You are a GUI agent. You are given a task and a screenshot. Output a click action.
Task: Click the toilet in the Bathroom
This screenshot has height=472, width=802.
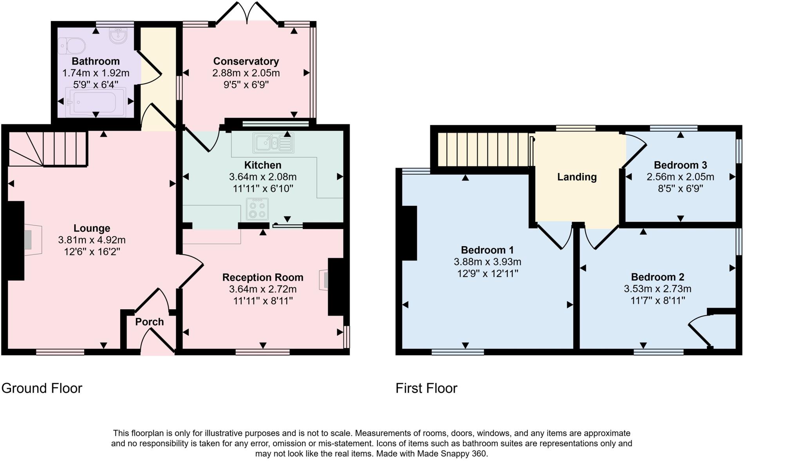coord(72,46)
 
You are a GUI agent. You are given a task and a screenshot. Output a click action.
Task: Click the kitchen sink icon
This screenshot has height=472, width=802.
coord(273,143)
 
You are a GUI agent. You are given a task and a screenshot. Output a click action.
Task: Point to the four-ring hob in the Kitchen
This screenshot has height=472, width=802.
coord(257,209)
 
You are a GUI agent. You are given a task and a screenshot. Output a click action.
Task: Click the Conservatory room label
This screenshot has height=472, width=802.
coord(246,61)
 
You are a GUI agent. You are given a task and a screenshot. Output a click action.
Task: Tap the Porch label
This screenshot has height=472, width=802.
coord(149,322)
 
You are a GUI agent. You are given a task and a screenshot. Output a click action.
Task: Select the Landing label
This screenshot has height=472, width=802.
coord(577,177)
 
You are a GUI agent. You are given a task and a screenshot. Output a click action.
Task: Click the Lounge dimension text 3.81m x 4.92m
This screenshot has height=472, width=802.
coord(92,240)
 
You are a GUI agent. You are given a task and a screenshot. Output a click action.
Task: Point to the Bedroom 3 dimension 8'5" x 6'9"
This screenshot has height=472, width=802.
coord(680,189)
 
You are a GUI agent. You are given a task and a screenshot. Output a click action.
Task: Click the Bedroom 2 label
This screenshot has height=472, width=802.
coord(657,277)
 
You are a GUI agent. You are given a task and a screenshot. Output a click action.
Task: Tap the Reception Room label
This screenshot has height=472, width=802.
coord(263,277)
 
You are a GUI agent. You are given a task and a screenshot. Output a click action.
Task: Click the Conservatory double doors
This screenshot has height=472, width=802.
coord(247,14)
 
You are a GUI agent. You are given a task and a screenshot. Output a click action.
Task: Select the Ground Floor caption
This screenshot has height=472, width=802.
coord(42,388)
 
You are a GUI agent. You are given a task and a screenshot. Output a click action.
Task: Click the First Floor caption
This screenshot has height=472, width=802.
coord(426,388)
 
